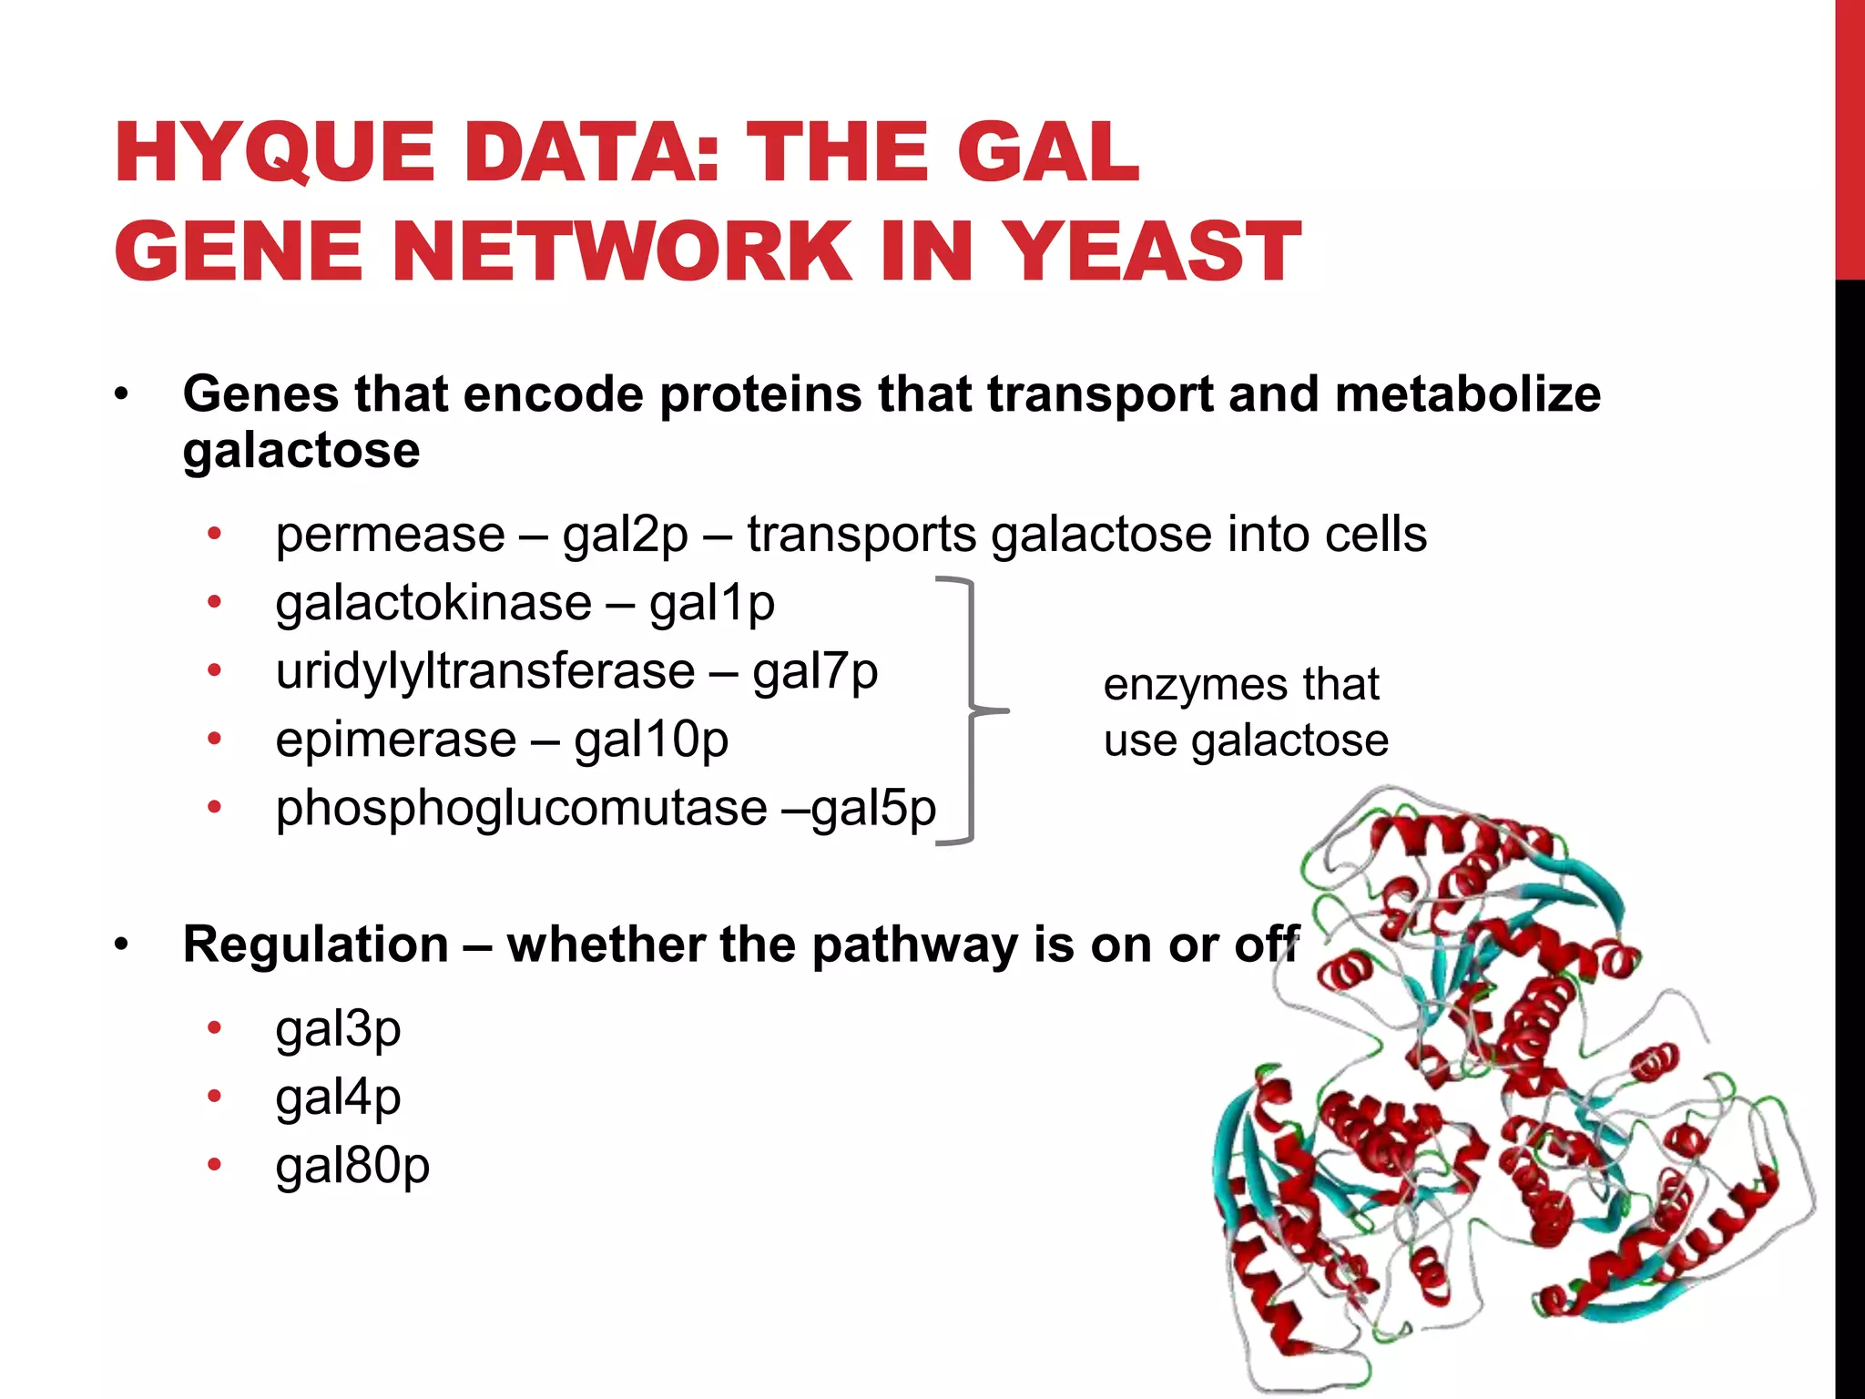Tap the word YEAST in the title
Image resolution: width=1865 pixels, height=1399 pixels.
click(x=1155, y=251)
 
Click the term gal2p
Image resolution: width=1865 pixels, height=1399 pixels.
click(x=625, y=535)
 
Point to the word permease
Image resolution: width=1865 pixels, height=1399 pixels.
click(x=390, y=535)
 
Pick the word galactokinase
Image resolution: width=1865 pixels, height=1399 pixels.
click(x=433, y=603)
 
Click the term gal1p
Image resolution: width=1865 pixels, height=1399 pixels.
click(x=711, y=603)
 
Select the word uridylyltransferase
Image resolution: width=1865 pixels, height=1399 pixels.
click(x=485, y=671)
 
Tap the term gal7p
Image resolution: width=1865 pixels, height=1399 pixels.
click(x=815, y=671)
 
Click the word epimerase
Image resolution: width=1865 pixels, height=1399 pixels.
click(x=396, y=740)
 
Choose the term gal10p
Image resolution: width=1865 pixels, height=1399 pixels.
click(x=651, y=740)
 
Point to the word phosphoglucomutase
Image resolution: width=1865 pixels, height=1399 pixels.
click(x=521, y=808)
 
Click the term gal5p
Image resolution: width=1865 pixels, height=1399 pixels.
click(x=873, y=808)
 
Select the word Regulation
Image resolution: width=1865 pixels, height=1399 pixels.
click(x=316, y=944)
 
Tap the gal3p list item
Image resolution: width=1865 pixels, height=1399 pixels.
click(x=338, y=1029)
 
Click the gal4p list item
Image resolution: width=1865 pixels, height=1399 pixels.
click(x=338, y=1098)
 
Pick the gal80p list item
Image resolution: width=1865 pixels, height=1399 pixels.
click(x=352, y=1166)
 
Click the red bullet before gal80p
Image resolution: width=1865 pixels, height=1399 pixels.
click(x=214, y=1164)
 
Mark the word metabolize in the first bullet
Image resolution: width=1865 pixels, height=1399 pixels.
click(x=1467, y=394)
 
